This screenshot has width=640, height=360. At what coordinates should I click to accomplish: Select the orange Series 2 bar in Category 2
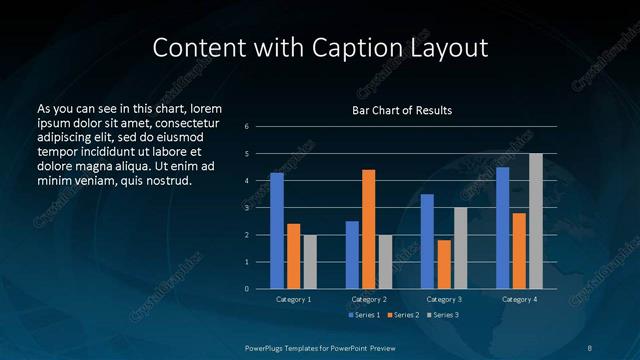[368, 229]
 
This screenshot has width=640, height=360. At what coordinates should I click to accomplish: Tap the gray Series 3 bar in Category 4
[536, 221]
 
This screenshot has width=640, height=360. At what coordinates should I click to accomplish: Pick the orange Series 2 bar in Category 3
[444, 264]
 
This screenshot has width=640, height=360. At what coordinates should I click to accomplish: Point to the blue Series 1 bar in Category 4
[503, 228]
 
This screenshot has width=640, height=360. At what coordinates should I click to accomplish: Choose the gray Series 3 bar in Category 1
[310, 262]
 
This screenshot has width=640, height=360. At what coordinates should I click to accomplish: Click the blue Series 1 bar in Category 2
[352, 255]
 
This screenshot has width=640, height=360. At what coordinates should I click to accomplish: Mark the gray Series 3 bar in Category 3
[460, 248]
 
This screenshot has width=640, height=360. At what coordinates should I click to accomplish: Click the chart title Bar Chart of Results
[403, 110]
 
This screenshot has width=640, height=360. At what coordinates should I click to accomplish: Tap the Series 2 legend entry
[402, 315]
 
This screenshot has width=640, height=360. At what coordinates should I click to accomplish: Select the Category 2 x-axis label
[369, 299]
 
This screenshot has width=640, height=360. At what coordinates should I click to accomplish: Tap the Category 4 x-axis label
[519, 299]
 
